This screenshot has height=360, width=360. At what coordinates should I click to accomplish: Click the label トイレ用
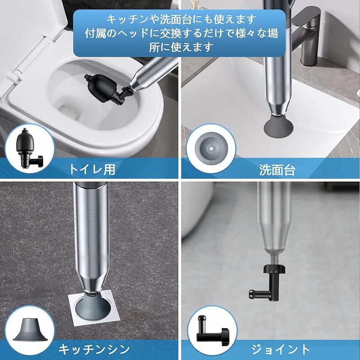[92, 170]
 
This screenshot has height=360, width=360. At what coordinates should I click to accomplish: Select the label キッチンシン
[94, 349]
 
